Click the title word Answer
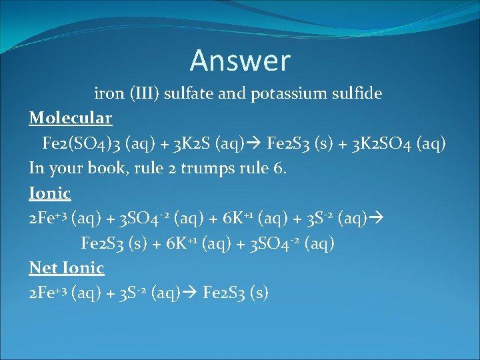pyautogui.click(x=240, y=61)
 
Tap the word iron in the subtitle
pyautogui.click(x=109, y=93)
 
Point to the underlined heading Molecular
pyautogui.click(x=71, y=119)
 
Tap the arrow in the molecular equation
pyautogui.click(x=254, y=143)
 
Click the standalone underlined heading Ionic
pyautogui.click(x=50, y=193)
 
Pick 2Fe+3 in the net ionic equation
pyautogui.click(x=48, y=293)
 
